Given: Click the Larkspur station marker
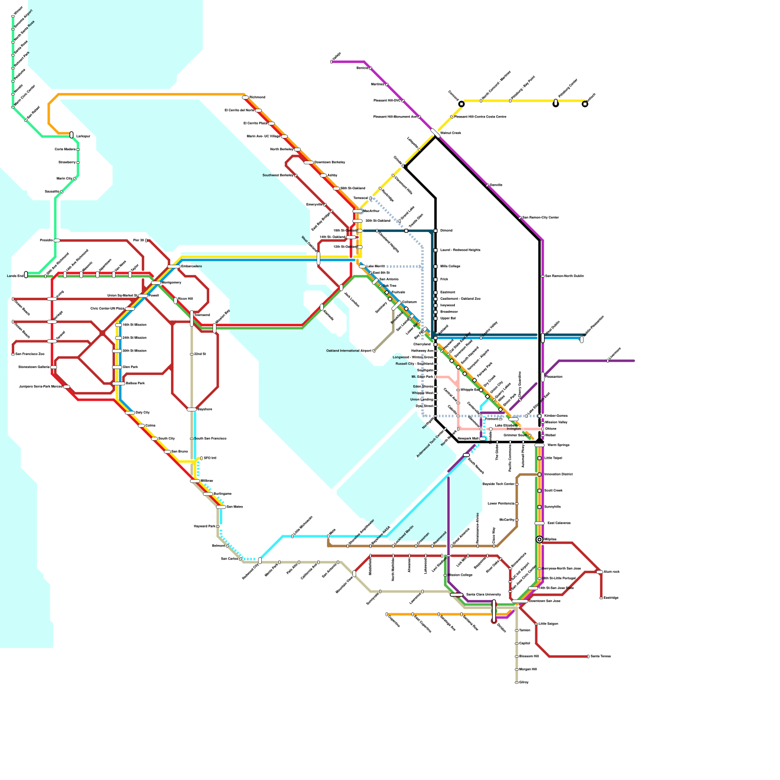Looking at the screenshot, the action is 72,135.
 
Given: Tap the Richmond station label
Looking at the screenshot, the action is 257,97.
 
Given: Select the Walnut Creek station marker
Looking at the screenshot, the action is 435,133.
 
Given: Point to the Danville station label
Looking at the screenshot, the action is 496,185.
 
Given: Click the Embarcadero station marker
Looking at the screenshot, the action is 174,267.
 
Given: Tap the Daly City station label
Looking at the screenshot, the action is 142,413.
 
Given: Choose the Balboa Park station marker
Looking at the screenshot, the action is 118,384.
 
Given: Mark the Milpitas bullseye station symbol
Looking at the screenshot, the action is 539,539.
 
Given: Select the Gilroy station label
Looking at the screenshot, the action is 524,682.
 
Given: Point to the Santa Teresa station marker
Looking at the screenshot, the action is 588,657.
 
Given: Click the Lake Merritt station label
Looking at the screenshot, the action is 375,267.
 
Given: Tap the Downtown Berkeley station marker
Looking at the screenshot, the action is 309,162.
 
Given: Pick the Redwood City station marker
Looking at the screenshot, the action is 260,561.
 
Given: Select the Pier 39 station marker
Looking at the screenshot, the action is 146,240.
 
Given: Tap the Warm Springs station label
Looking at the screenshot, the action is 558,445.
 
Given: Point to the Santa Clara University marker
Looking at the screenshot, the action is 456,595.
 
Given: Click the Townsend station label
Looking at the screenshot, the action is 202,315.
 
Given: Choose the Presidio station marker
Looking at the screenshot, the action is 57,240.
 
